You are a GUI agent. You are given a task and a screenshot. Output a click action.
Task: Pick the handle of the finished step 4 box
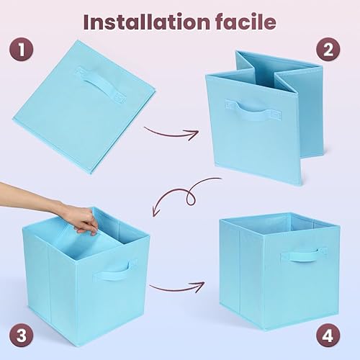[303, 253]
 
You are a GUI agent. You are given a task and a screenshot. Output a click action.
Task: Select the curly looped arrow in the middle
[189, 192]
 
